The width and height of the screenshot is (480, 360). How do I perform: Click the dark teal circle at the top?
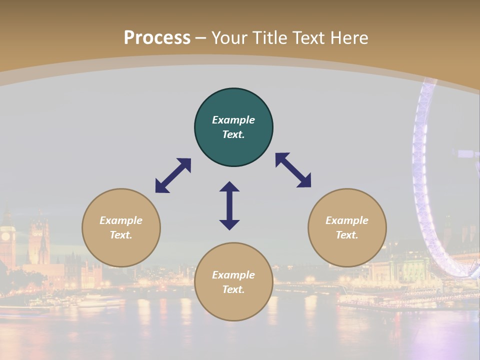pos(233,127)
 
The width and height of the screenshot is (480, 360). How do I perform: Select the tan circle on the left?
pos(121,227)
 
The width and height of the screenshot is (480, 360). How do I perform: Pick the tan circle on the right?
pos(347,227)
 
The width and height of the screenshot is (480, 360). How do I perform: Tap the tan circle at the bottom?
pos(233,282)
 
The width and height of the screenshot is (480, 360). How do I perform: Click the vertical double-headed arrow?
pos(229,205)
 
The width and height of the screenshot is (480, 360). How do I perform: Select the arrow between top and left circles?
pos(173,175)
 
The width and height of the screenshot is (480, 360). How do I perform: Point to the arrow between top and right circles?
pos(293,170)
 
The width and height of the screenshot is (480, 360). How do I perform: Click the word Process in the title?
pos(157,37)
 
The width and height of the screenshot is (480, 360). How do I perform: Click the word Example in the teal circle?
pos(233,120)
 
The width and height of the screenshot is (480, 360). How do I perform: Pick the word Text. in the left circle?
pos(121,235)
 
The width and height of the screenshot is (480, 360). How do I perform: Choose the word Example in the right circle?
pos(347,220)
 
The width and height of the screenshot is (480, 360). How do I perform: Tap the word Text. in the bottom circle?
pos(233,289)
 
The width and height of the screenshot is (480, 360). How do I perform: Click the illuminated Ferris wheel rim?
pos(418,165)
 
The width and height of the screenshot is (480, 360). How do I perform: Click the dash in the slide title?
pos(200,38)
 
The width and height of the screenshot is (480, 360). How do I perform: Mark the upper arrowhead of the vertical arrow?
pos(229,186)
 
